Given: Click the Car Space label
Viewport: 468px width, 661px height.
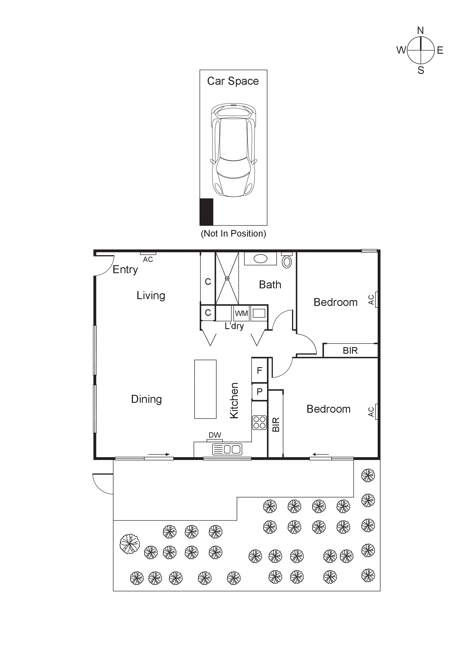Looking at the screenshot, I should tap(233, 81).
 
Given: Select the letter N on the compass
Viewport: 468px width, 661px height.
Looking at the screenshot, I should tap(420, 31).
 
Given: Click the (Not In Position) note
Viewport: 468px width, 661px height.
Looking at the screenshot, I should tap(233, 234).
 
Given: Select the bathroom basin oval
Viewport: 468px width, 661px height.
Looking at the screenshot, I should tap(260, 259).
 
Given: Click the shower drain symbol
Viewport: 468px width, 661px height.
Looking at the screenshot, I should tap(227, 278).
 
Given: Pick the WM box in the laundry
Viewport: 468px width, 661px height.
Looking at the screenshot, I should tap(241, 313).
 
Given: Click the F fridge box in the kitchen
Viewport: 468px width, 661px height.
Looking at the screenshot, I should tap(259, 370).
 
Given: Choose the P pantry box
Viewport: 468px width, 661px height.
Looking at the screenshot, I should tap(259, 392).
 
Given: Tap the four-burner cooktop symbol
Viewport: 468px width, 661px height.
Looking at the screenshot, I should tap(259, 422).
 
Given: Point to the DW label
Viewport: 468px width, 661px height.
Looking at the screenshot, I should tap(215, 435).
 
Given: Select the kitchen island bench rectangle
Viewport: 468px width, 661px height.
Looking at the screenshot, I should tap(205, 389).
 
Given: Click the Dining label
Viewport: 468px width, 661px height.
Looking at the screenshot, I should tap(147, 399).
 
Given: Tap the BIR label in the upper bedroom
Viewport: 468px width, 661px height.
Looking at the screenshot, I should tap(350, 351).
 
